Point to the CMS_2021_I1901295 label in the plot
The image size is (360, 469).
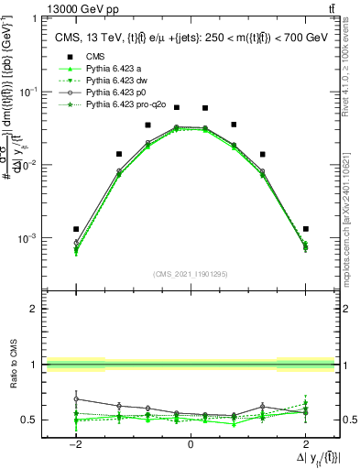pos(190,274)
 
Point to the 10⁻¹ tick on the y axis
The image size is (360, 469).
pos(29,92)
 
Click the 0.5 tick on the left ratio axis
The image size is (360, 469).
pos(28,420)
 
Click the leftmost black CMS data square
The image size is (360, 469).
pos(76,229)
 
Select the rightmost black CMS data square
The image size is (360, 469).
pos(305,229)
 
